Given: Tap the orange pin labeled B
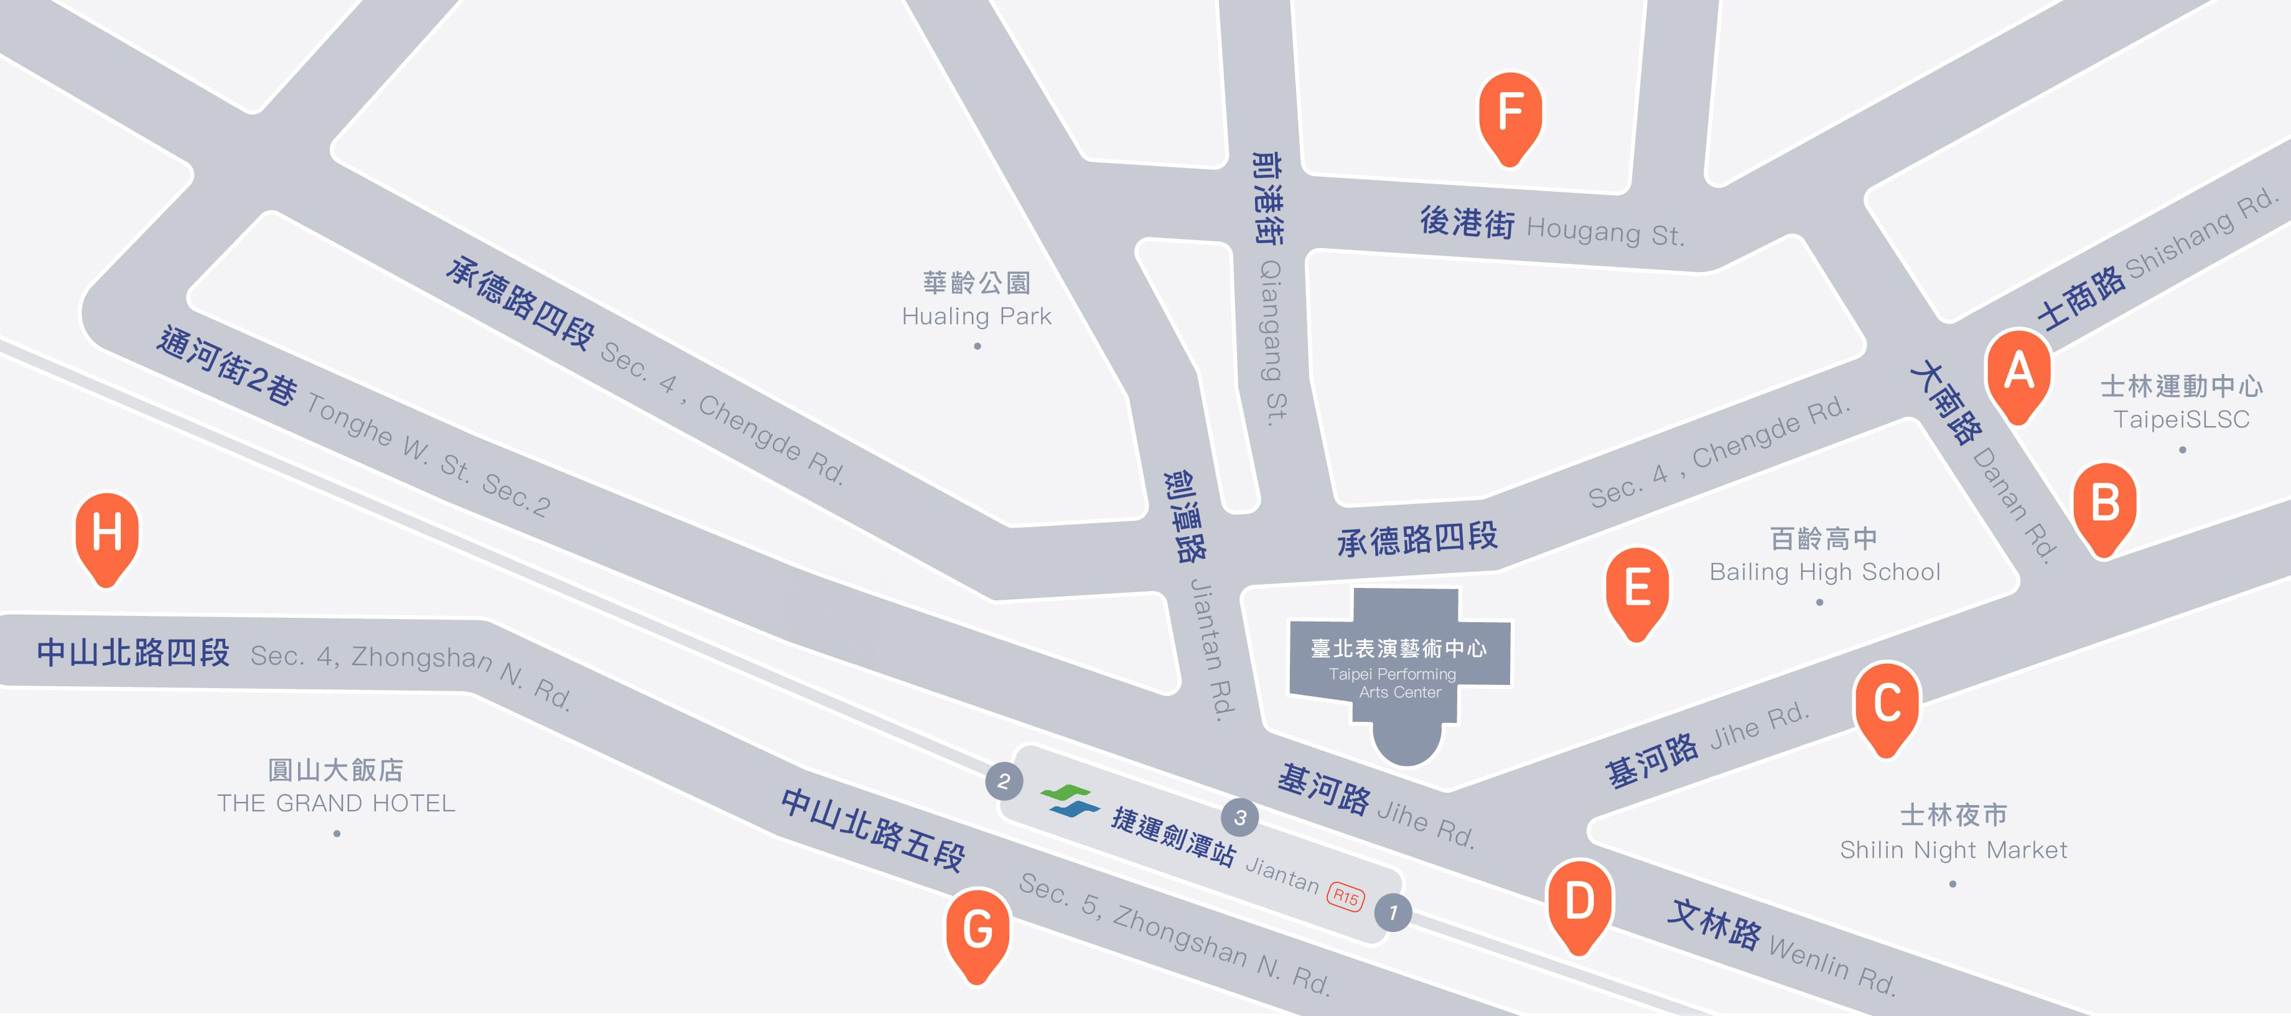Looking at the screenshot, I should coord(2104,505).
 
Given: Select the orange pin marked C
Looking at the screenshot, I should coord(1887,705).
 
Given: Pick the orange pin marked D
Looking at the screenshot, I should coord(1580,903).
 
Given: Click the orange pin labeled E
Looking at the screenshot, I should coord(1636,590).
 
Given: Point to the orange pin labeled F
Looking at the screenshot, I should coord(1510,114).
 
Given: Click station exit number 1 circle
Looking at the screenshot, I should coord(1393,913).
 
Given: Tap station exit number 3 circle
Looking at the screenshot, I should coord(1240,818).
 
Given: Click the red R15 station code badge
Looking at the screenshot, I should coord(1346,896).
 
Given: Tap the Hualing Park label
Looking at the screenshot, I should coord(976,300).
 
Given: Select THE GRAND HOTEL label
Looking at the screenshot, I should coord(336,788).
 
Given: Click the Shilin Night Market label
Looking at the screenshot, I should coord(1953,832).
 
